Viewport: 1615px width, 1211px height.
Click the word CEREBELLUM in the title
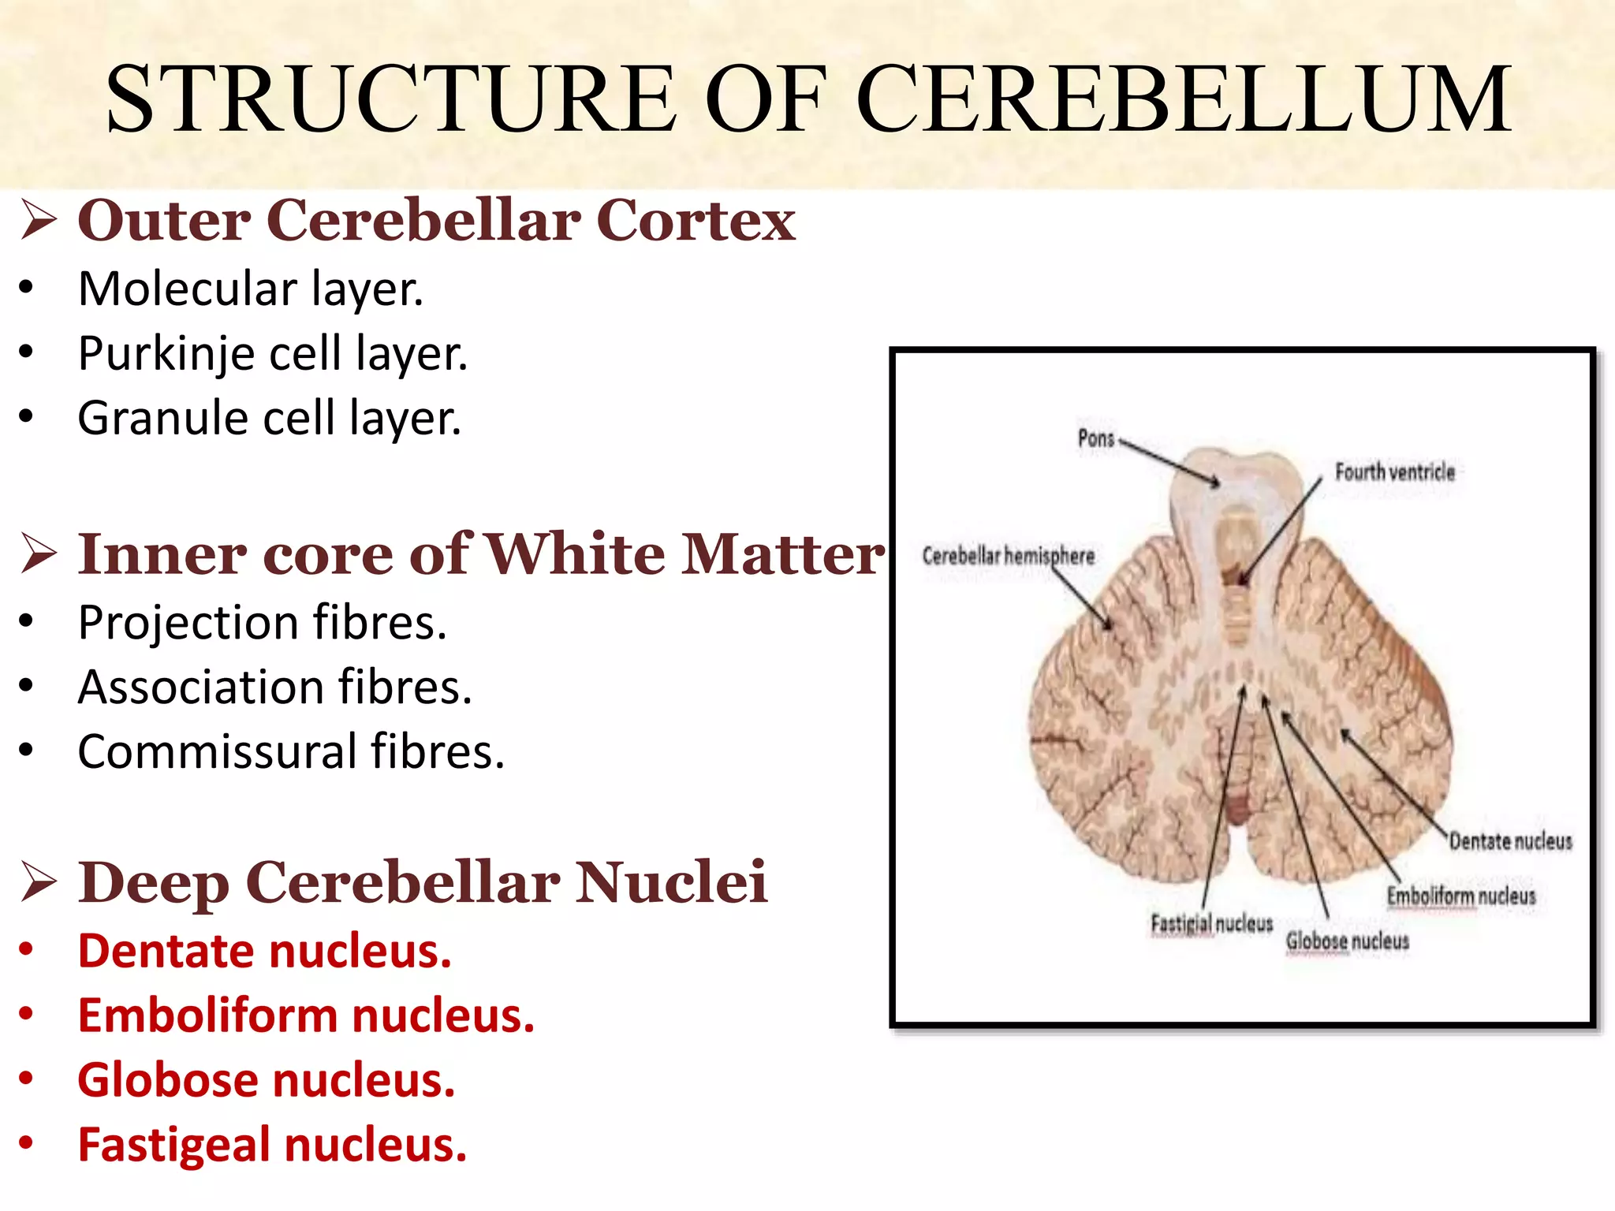click(x=1183, y=99)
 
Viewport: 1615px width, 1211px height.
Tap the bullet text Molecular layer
click(x=251, y=289)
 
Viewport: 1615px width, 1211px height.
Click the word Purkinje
click(x=166, y=354)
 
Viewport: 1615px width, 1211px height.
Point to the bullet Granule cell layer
click(x=269, y=418)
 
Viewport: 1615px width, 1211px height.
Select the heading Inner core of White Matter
click(x=481, y=554)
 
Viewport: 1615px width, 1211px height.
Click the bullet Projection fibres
click(x=263, y=623)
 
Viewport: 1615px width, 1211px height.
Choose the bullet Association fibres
click(x=274, y=687)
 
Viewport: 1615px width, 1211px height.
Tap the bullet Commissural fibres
click(x=291, y=751)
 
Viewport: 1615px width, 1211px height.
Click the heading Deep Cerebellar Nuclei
click(x=423, y=882)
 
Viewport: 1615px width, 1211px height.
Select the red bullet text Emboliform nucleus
click(x=306, y=1015)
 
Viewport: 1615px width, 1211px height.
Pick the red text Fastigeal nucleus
click(x=272, y=1145)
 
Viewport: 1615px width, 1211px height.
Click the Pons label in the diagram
click(x=1095, y=438)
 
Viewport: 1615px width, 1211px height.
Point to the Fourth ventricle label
click(x=1394, y=472)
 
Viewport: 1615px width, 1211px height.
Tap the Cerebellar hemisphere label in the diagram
click(x=1008, y=556)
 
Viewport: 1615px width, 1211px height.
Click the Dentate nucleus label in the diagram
click(x=1510, y=841)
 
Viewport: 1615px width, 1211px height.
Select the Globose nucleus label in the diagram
click(x=1347, y=941)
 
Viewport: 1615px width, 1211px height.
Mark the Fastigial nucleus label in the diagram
click(x=1211, y=923)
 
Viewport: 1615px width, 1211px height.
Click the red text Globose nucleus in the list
click(x=267, y=1080)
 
